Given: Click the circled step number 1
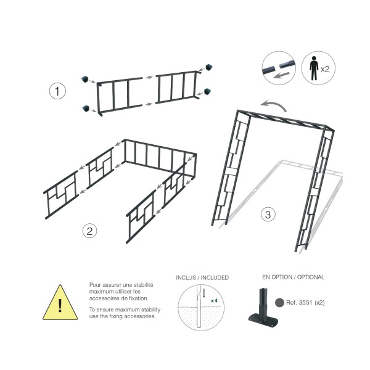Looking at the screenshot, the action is point(57,91).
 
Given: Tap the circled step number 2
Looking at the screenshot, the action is point(89,231).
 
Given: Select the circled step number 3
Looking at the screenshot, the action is point(268,215).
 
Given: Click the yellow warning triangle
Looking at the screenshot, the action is point(60,303).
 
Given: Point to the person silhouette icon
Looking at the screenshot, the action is point(314,68).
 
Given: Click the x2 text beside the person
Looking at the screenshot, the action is point(325,69).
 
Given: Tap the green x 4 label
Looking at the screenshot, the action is point(214,301).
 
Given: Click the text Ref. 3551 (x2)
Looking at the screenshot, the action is point(305,303).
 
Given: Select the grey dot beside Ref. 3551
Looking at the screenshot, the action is point(279,303).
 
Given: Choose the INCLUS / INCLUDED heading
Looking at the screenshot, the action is point(202,277).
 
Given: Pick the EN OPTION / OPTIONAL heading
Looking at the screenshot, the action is point(294,277).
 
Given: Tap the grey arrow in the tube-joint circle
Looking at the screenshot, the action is point(281,75).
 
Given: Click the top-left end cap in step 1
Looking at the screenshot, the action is point(84,79).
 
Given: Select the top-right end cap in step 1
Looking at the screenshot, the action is point(209,67).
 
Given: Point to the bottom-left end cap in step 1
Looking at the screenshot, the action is point(86,109).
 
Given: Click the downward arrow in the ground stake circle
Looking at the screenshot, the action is point(204,293).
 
